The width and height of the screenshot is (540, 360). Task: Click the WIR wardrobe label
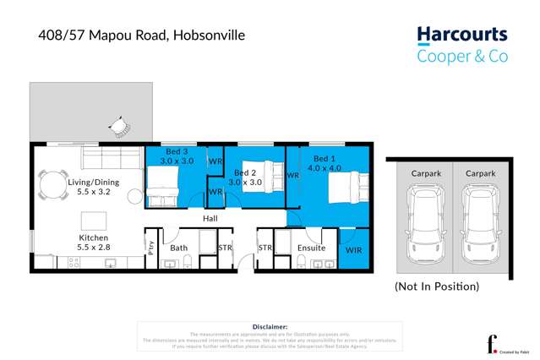354,250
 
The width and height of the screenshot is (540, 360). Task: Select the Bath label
178,248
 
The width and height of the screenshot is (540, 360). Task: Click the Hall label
210,218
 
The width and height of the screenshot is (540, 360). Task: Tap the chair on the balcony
122,127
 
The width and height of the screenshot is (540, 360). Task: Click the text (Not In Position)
436,286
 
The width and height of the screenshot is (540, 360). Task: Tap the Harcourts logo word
462,35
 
